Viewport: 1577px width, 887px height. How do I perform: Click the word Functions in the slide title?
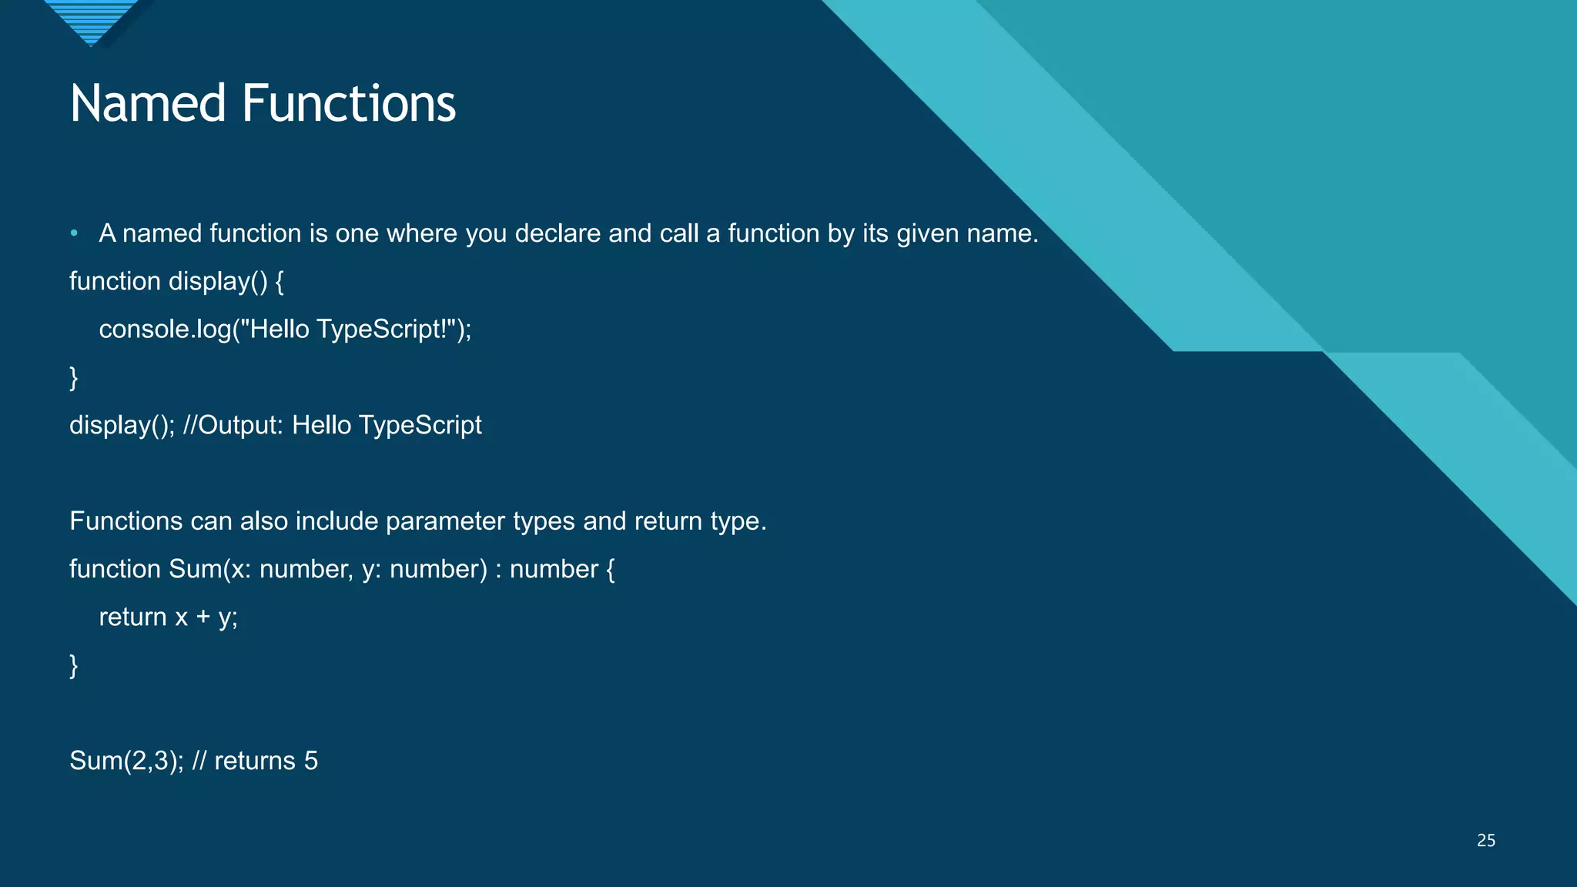pos(349,104)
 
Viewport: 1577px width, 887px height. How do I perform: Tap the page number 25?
pos(1485,841)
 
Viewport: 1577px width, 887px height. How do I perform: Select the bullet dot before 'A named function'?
pos(74,233)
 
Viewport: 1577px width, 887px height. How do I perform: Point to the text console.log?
pos(165,330)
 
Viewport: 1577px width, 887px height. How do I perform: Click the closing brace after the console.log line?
pos(74,378)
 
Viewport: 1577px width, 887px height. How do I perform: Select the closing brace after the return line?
pos(74,665)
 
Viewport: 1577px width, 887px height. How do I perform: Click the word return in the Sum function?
pos(132,618)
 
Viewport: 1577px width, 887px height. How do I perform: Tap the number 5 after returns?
pos(311,761)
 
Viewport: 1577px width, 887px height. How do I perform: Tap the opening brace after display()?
pos(280,282)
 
